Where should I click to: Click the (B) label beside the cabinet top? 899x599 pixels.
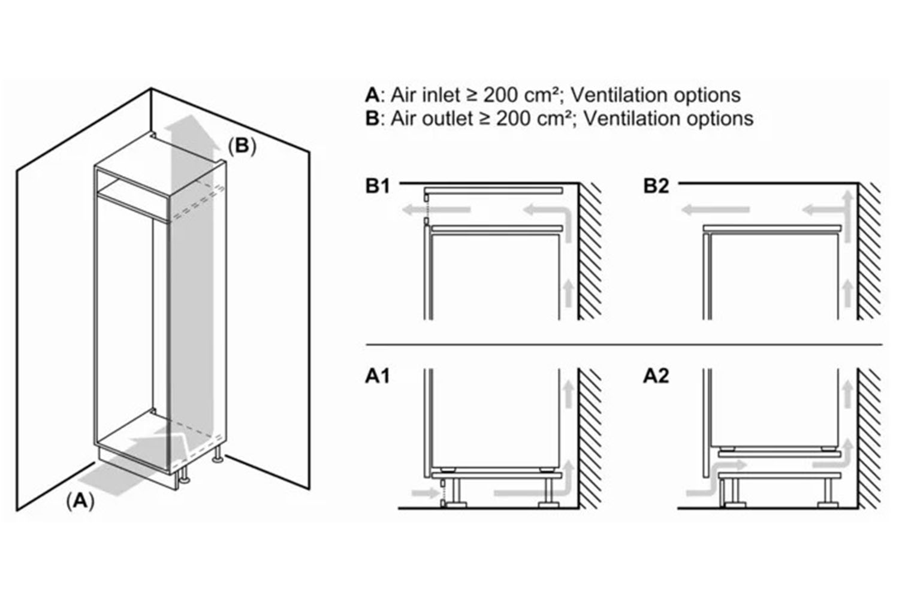click(242, 146)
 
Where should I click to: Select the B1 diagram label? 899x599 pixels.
click(378, 186)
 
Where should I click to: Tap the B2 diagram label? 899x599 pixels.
click(656, 186)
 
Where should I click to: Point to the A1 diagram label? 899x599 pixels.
click(378, 376)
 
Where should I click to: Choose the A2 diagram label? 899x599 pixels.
click(656, 376)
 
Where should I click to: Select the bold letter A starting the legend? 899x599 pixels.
click(372, 95)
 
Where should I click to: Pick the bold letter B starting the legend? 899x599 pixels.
click(372, 118)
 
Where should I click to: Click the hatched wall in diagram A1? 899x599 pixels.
click(590, 437)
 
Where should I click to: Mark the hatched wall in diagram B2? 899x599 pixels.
click(869, 252)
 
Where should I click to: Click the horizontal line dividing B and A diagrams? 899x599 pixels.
click(623, 345)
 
